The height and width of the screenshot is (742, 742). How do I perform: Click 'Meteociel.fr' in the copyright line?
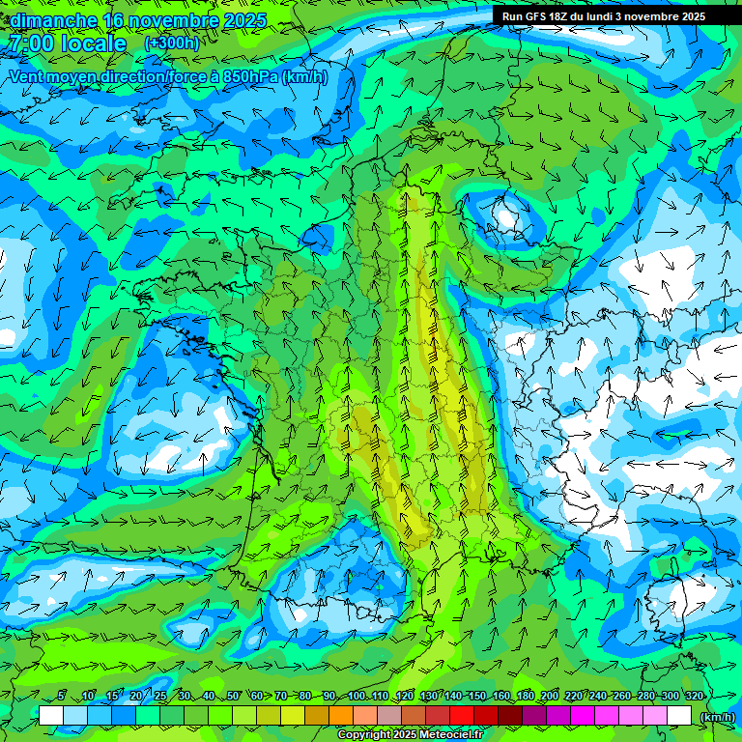click(451, 735)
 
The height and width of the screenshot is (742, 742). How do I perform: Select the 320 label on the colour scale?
click(694, 696)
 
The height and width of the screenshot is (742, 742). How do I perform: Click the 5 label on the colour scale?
click(62, 696)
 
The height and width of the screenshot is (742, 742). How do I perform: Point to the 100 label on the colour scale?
click(357, 696)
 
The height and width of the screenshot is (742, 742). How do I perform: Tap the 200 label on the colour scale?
click(550, 696)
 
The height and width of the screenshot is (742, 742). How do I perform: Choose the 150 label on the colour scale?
click(477, 696)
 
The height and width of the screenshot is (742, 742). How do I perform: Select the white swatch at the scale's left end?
click(51, 716)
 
